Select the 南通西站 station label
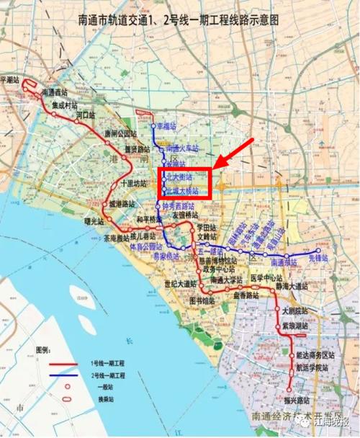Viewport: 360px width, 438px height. tap(55, 93)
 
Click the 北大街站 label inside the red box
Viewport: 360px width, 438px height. tap(179, 176)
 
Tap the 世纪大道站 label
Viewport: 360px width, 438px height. tap(181, 283)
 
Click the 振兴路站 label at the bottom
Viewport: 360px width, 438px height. tap(297, 398)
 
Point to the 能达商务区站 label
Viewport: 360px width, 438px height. tap(315, 355)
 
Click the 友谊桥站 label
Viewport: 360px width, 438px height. tap(189, 214)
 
